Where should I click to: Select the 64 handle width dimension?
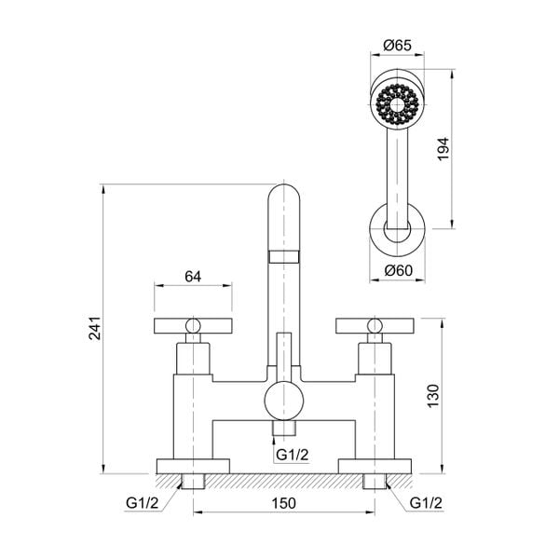(x=193, y=276)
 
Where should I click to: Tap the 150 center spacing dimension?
(x=284, y=503)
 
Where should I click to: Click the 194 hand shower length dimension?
(x=443, y=149)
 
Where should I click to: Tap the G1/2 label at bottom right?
(x=426, y=503)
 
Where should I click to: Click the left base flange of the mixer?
(x=192, y=466)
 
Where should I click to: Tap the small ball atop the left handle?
(x=193, y=325)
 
